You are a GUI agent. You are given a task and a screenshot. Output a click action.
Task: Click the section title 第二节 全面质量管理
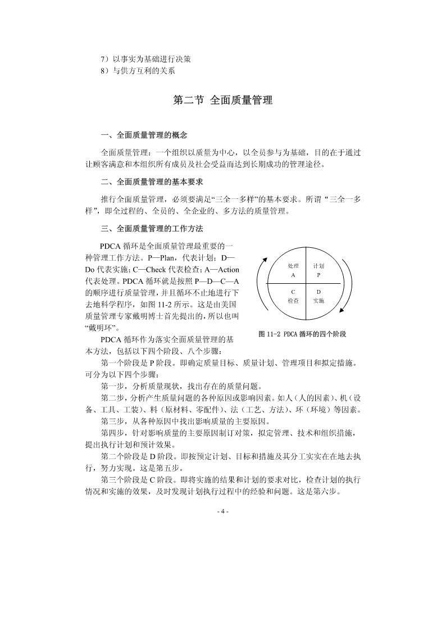(223, 101)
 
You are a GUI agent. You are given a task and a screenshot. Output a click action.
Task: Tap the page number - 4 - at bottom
(223, 511)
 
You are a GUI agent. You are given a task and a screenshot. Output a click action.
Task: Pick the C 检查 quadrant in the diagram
(293, 296)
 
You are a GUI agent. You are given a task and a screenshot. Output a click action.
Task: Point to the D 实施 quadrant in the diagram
(318, 296)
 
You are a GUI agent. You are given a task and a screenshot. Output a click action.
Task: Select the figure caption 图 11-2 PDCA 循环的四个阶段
(302, 334)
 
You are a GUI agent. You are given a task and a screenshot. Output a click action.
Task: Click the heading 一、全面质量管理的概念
(143, 135)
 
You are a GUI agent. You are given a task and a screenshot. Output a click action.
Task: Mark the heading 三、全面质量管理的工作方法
(151, 229)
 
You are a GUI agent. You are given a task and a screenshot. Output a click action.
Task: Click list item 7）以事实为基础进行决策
(149, 59)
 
